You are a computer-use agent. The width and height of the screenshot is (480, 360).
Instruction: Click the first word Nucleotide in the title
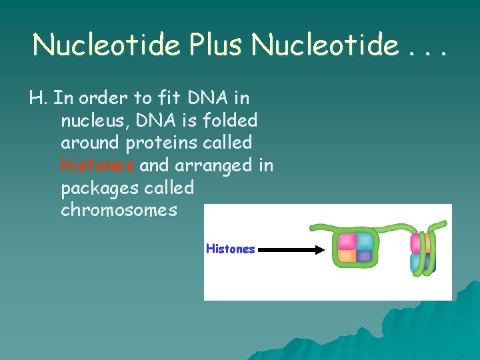click(x=107, y=45)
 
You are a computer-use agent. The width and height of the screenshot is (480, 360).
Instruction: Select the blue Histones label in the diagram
click(x=231, y=249)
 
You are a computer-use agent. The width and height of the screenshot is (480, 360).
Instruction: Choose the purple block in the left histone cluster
click(x=364, y=256)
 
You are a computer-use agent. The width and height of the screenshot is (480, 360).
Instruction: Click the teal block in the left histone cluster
click(x=364, y=241)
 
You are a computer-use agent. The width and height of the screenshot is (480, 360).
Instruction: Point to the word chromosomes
click(x=119, y=210)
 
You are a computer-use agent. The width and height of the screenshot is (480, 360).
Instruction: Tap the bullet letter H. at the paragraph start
click(x=37, y=98)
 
